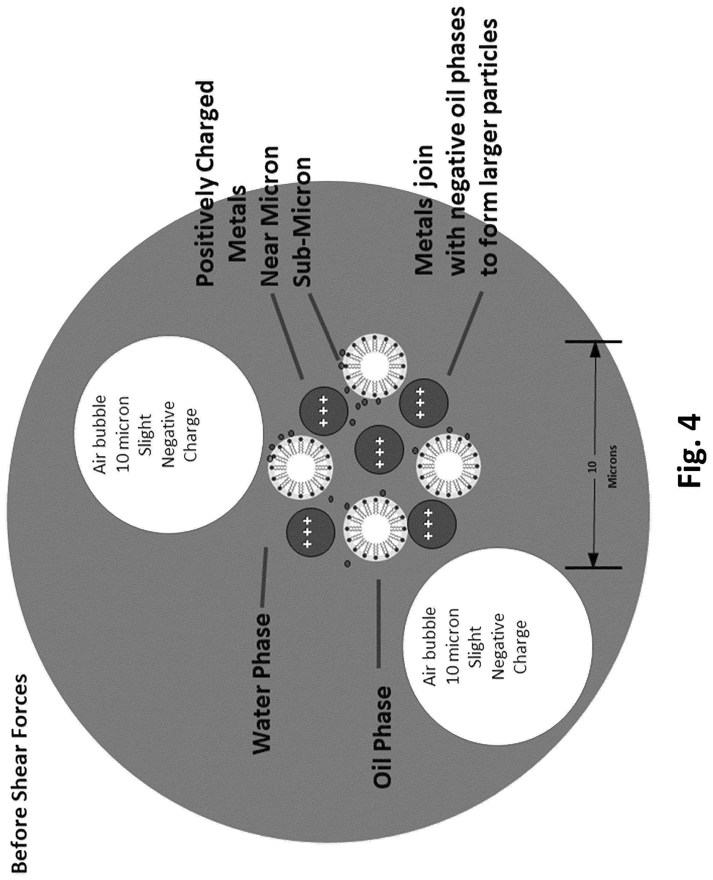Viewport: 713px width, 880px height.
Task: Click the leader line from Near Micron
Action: tap(287, 336)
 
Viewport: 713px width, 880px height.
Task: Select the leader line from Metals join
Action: tap(465, 334)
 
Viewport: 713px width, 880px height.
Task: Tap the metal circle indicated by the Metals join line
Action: tap(424, 403)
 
